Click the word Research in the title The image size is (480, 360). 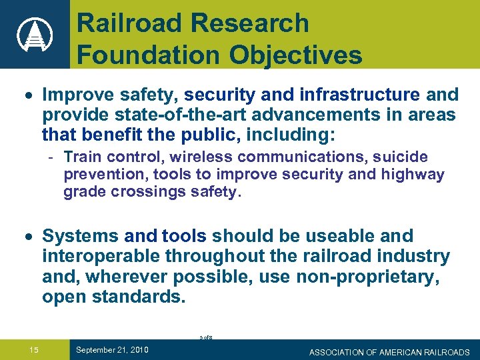[250, 23]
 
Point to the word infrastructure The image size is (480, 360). [351, 95]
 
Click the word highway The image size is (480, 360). [413, 175]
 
